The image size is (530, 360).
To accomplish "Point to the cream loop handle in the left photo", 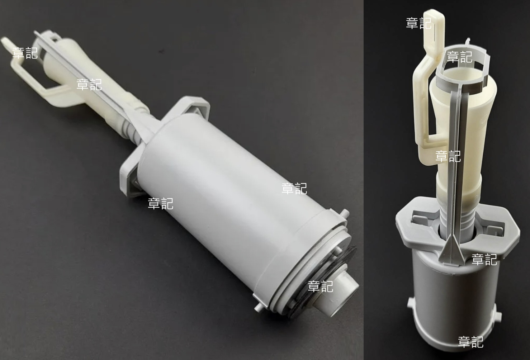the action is (x=36, y=76).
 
